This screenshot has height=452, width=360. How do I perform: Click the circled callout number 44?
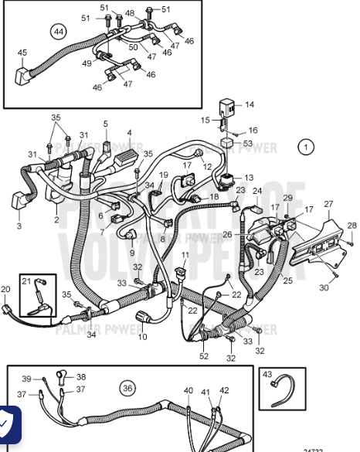58,32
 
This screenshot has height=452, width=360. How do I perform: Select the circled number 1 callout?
307,146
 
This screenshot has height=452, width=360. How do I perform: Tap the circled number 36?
127,387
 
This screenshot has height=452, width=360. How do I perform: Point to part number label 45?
22,53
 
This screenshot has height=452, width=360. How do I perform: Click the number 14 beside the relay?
249,104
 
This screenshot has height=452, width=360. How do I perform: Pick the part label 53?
247,143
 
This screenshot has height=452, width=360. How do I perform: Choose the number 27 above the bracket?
328,204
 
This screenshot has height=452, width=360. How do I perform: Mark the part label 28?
352,225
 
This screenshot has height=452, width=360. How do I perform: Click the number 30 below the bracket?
324,287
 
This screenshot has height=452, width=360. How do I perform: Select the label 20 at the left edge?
6,289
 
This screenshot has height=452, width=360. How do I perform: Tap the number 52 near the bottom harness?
204,355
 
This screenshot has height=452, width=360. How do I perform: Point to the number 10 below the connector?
142,337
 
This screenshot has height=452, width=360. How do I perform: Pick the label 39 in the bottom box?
25,379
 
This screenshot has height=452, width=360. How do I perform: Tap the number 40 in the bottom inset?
188,390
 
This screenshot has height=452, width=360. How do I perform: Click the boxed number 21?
26,281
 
